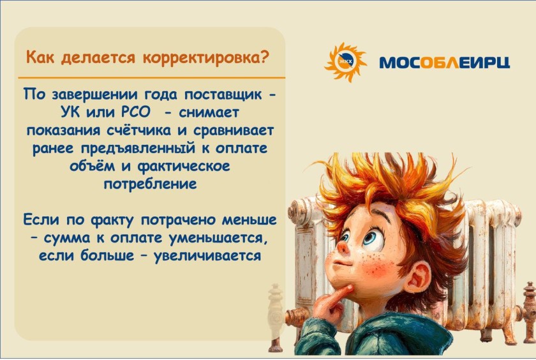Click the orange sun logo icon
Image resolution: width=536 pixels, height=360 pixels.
coord(345,62)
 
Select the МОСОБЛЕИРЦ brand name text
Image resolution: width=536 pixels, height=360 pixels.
coord(444,63)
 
